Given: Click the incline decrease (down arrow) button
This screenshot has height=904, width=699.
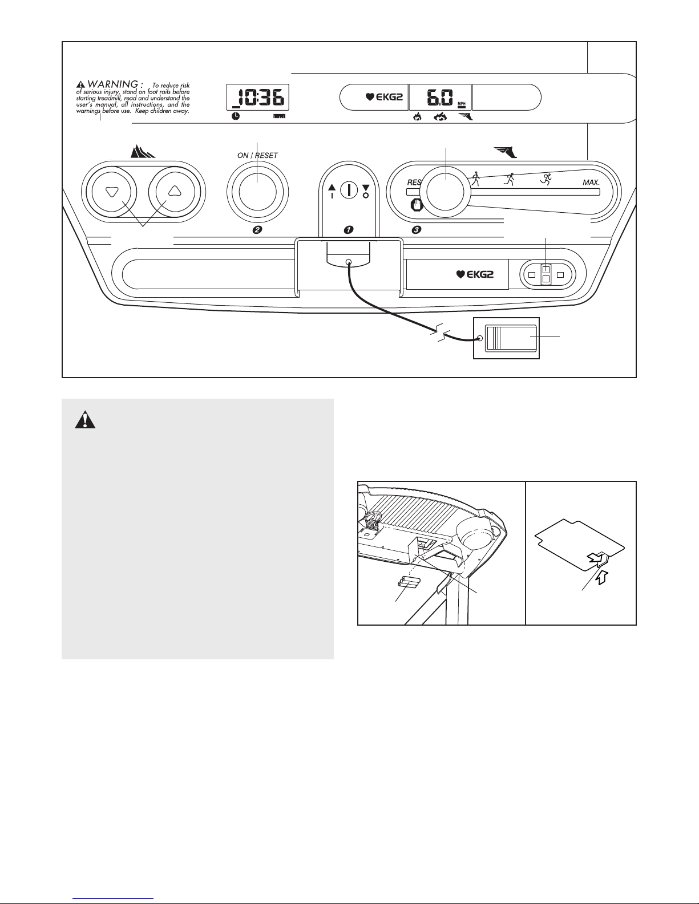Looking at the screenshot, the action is (x=111, y=192).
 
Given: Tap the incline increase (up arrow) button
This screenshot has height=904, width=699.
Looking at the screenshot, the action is (x=175, y=192).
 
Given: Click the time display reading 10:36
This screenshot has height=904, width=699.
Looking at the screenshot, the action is (x=257, y=98).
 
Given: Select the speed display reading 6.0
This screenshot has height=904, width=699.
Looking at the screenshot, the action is (x=440, y=98).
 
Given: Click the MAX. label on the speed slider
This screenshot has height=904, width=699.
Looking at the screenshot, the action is (x=591, y=182).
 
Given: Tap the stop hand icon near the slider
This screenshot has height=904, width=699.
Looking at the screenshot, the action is (x=417, y=205).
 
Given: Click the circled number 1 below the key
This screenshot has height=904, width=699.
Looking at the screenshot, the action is (x=349, y=230).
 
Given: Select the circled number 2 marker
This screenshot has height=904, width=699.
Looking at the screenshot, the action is (x=257, y=230).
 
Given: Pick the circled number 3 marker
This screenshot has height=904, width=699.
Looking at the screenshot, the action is (x=416, y=230).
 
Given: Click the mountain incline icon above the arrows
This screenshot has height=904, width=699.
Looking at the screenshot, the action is (x=143, y=152).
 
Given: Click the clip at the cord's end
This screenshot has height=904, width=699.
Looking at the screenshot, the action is (x=506, y=338).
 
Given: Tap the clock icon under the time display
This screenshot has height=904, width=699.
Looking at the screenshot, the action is (x=236, y=116).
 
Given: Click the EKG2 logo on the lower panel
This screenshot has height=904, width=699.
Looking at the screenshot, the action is (x=475, y=274).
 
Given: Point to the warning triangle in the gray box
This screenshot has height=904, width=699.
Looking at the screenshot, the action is (x=85, y=419).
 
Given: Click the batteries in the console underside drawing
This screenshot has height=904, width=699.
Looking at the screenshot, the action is (x=410, y=582).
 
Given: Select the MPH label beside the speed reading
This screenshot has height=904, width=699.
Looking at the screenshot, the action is (x=462, y=103).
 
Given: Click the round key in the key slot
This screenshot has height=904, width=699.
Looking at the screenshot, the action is (x=349, y=190).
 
